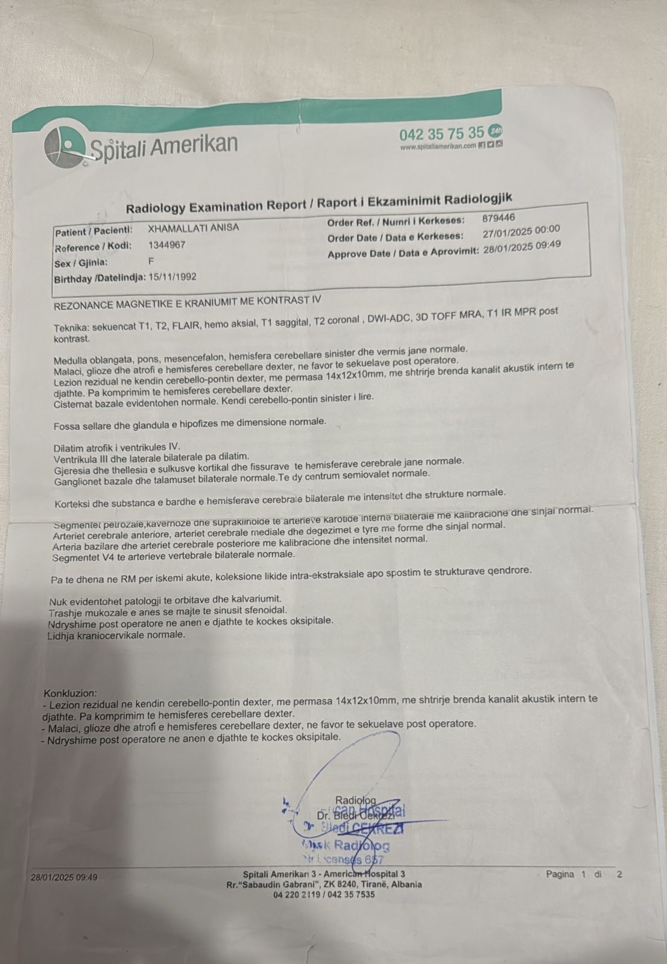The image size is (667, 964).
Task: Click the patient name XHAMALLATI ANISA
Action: (x=194, y=228)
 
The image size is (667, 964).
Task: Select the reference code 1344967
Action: (x=166, y=245)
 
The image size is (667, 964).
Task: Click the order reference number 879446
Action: (x=498, y=218)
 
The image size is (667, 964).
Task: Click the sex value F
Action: (x=151, y=262)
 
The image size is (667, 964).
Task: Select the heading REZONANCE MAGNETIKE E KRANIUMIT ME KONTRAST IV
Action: (x=188, y=301)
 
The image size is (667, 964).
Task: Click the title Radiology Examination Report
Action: (x=215, y=207)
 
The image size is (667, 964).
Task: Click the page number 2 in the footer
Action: (x=619, y=874)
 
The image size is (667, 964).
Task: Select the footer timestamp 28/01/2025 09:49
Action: (x=64, y=877)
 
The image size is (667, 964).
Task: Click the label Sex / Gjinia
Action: (x=81, y=263)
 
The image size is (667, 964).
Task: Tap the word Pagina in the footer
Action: (x=560, y=874)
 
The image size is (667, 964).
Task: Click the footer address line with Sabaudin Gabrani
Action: (x=324, y=884)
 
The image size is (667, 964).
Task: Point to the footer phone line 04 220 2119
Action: (x=324, y=895)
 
